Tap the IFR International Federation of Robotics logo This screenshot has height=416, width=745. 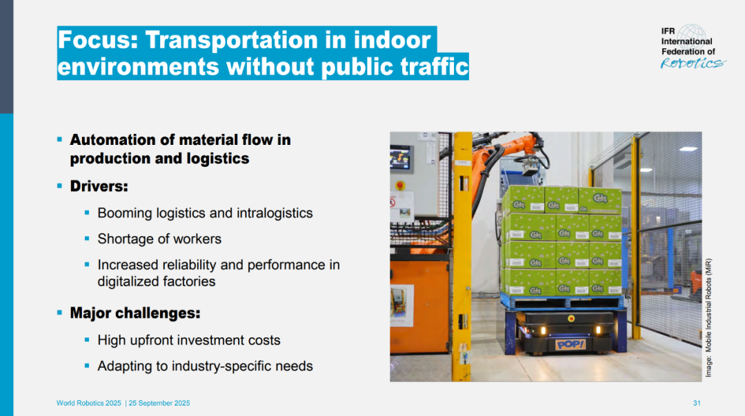coord(693,47)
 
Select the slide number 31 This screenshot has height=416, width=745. coord(697,403)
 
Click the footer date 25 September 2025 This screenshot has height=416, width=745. coord(159,403)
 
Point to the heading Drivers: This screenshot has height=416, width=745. coord(99,186)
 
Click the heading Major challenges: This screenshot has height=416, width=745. coord(135,313)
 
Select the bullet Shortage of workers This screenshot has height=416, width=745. coord(159,239)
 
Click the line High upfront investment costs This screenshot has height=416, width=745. coord(188,340)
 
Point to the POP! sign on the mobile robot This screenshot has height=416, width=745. coord(570,344)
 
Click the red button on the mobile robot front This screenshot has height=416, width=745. coord(571,319)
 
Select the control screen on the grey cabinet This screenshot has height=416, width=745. coord(400,158)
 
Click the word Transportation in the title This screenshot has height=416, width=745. coord(232,39)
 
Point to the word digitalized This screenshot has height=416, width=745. coord(127,281)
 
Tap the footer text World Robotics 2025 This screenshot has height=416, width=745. coord(89,403)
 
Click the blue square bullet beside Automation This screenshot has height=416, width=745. coord(59,140)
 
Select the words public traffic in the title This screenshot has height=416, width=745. coord(395,66)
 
